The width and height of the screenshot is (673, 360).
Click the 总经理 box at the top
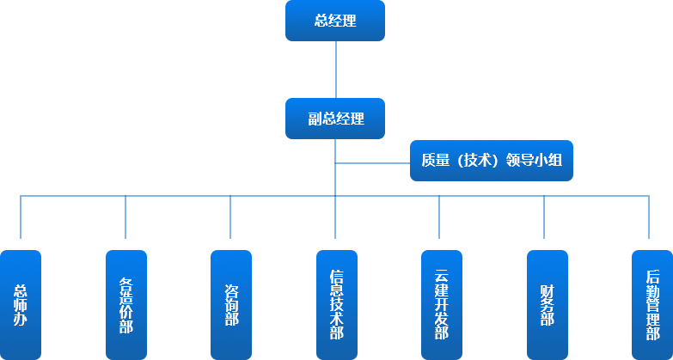click(x=335, y=21)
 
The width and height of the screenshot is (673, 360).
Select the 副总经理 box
click(x=335, y=119)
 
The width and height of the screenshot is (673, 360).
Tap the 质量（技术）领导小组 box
click(x=491, y=161)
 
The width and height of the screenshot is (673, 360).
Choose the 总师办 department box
click(x=21, y=303)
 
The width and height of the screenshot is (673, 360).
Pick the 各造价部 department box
click(x=125, y=303)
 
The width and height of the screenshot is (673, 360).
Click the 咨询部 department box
click(x=230, y=303)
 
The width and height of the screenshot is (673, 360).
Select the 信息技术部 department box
click(x=335, y=303)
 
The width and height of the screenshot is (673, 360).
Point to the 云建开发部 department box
click(x=440, y=303)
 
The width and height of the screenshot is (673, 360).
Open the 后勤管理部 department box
click(x=651, y=303)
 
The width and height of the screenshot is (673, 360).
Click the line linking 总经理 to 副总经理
click(x=335, y=69)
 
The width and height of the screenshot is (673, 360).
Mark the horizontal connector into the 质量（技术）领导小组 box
click(x=372, y=161)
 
